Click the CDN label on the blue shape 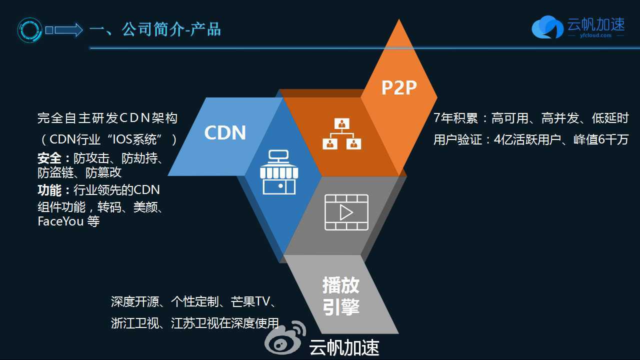tap(225, 133)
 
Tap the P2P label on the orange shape tap(399, 88)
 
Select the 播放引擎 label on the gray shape tap(341, 296)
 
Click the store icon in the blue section tap(279, 172)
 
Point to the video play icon tap(346, 212)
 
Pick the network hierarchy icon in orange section tap(342, 134)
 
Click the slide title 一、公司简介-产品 tap(155, 29)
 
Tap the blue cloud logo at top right tap(547, 27)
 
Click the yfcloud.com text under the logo tap(595, 35)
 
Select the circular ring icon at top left tap(30, 30)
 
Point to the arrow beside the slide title tap(64, 30)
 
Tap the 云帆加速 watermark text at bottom tap(344, 348)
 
